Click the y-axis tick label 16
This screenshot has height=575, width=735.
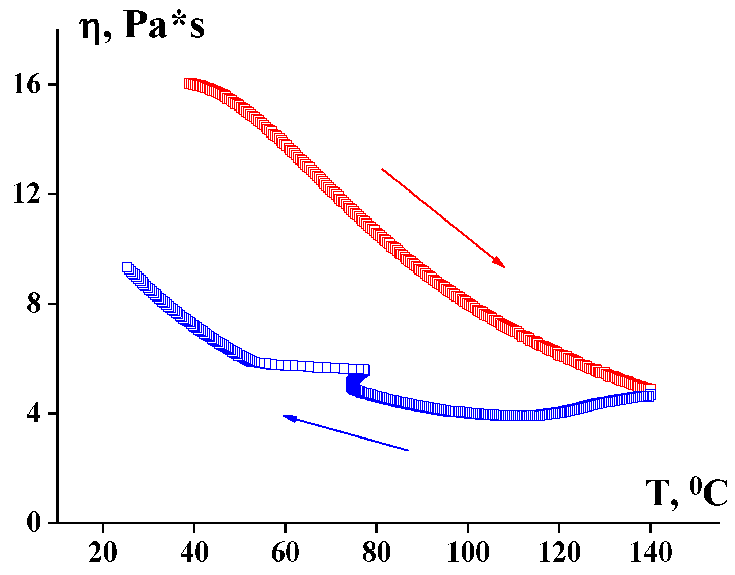coord(27,85)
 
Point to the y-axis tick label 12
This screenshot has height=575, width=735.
coord(27,194)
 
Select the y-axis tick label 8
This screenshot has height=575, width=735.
coord(34,304)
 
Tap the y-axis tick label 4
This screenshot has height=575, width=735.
coord(34,414)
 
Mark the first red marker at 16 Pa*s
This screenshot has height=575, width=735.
coord(189,84)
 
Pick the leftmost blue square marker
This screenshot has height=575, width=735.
coord(127,267)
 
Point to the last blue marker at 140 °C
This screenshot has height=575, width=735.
coord(649,395)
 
